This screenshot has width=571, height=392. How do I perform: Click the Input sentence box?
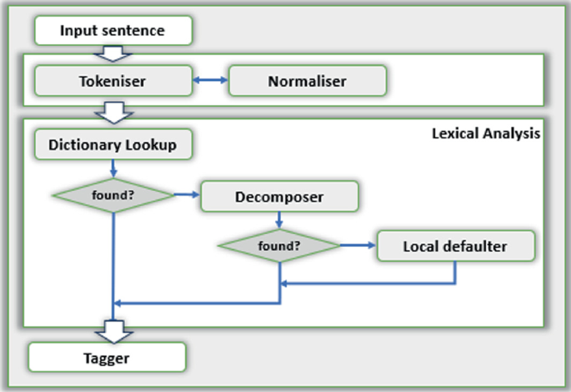pos(113,32)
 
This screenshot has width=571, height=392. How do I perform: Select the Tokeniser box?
pos(113,81)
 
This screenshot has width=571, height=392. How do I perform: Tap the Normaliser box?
pos(307,81)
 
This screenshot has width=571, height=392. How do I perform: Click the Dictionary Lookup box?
pos(113,143)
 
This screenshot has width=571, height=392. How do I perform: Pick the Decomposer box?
pos(279,197)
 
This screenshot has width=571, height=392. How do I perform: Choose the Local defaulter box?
pos(454,247)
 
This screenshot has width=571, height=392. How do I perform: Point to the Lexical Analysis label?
pos(487,133)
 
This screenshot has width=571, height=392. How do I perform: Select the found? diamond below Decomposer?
pos(278,246)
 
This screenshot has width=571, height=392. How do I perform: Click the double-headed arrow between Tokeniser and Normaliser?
pos(211,81)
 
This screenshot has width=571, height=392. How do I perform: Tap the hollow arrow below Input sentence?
pos(112,53)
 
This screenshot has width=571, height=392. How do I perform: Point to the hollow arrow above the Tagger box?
pos(112,330)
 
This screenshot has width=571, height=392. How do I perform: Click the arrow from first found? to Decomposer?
pos(188,195)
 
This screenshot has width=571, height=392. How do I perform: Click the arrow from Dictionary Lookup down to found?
pos(113,168)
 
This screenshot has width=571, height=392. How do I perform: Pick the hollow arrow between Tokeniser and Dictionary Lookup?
pos(112,111)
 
